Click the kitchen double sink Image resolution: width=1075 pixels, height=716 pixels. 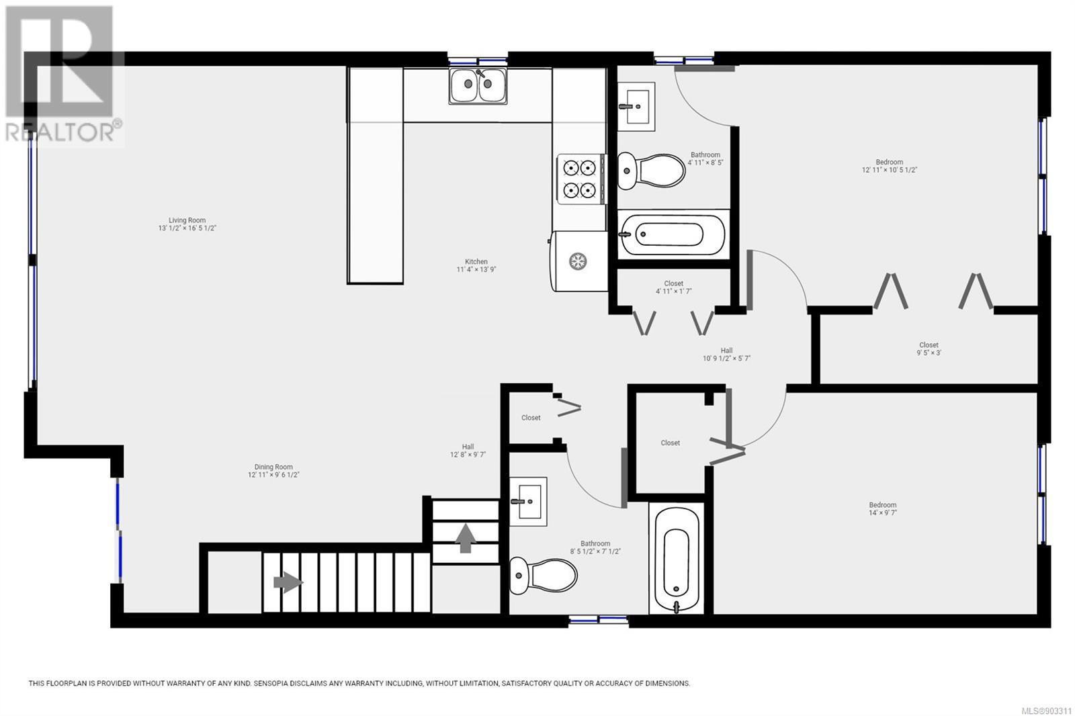pyautogui.click(x=478, y=86)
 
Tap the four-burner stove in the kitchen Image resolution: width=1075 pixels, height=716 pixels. pyautogui.click(x=579, y=179)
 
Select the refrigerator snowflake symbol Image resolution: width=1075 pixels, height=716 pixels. pyautogui.click(x=578, y=261)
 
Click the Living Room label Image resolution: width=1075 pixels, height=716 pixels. pyautogui.click(x=187, y=220)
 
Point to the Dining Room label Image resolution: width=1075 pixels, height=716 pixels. pyautogui.click(x=273, y=467)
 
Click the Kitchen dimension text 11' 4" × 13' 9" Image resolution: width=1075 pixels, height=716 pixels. pyautogui.click(x=476, y=270)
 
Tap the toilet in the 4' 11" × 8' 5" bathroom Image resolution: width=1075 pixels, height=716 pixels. pyautogui.click(x=651, y=171)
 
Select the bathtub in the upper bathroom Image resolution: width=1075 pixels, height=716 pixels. pyautogui.click(x=673, y=234)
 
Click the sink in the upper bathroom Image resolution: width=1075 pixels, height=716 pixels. pyautogui.click(x=636, y=107)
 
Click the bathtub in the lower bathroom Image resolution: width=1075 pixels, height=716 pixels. pyautogui.click(x=676, y=558)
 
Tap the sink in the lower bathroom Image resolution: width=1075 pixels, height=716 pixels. pyautogui.click(x=528, y=502)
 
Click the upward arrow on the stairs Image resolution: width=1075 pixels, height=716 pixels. pyautogui.click(x=465, y=538)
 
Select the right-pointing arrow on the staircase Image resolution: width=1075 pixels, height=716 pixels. pyautogui.click(x=288, y=582)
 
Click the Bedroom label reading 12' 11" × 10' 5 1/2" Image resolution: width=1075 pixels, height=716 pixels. pyautogui.click(x=890, y=166)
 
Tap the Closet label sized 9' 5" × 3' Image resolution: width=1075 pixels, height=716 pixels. pyautogui.click(x=929, y=349)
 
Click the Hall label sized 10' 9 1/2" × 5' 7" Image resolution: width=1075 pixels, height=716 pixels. pyautogui.click(x=726, y=354)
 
